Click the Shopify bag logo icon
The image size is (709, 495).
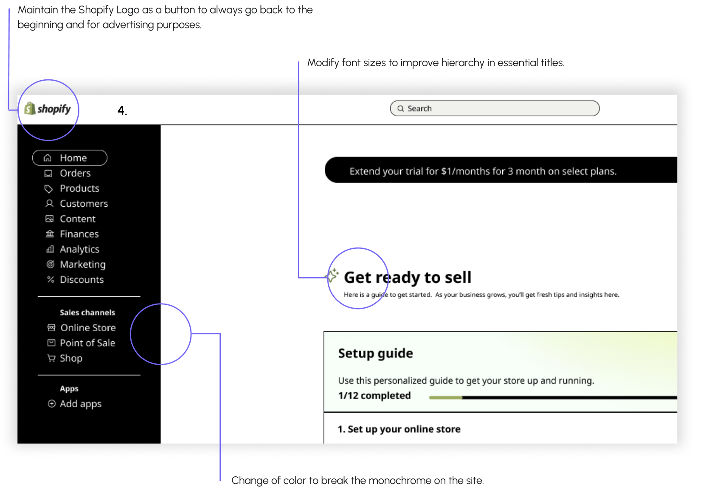[30, 109]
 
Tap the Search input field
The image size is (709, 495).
[495, 109]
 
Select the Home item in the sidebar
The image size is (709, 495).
[70, 157]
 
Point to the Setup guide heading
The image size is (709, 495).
[375, 353]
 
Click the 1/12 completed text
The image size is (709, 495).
[374, 396]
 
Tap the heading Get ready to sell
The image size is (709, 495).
[408, 277]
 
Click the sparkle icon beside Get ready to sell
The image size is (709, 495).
[333, 276]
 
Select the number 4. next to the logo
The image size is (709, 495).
[122, 110]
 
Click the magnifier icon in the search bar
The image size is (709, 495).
[400, 109]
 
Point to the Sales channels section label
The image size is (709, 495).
[87, 312]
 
